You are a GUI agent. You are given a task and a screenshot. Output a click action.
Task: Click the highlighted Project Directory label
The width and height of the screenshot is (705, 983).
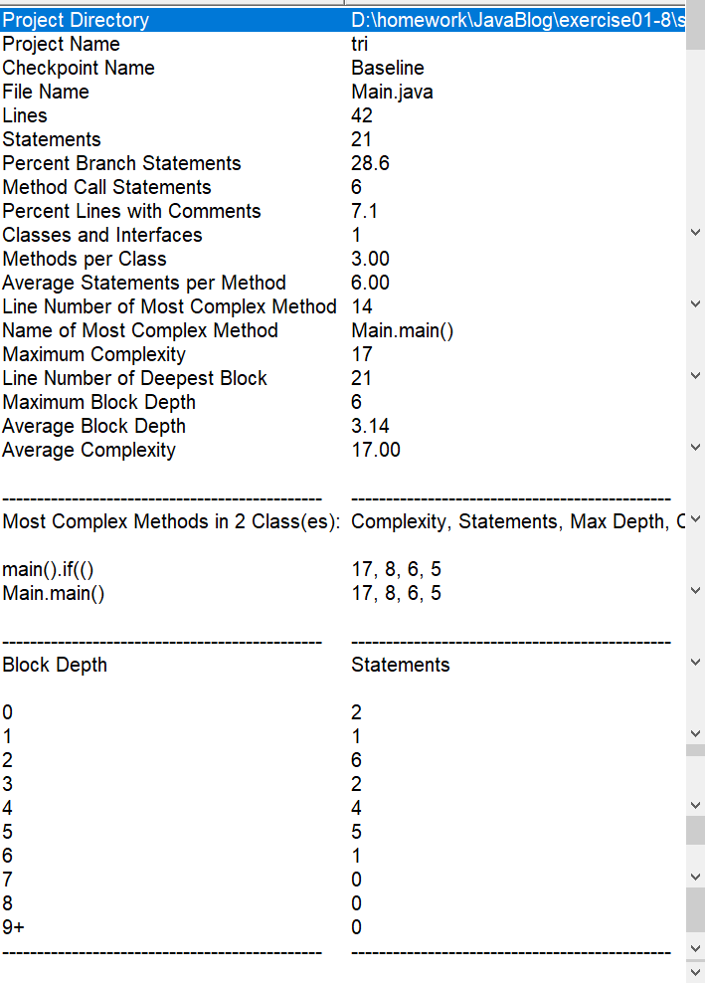[76, 20]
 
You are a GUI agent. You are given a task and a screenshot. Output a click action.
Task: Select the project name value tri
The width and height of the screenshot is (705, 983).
[360, 44]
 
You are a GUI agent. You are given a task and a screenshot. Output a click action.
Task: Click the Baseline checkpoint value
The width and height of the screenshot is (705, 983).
[388, 68]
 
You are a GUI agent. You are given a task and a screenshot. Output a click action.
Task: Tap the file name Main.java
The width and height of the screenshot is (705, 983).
[392, 92]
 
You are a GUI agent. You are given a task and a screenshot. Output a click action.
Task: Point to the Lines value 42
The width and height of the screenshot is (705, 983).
[362, 115]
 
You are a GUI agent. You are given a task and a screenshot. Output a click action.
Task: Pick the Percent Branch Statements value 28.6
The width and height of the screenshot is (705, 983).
[370, 163]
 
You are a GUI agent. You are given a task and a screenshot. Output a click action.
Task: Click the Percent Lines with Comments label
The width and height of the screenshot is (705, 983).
[131, 211]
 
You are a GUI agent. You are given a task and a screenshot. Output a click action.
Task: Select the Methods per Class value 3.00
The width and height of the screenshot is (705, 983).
[370, 259]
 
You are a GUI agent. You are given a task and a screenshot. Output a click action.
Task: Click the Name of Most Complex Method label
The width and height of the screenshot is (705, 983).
[140, 330]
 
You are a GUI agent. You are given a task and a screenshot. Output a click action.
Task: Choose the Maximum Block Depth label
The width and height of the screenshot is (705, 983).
[99, 402]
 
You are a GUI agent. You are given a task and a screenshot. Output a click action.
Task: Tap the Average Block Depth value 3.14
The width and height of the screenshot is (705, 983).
[370, 426]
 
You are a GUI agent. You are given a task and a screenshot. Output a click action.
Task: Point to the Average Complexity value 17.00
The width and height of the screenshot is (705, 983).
[376, 450]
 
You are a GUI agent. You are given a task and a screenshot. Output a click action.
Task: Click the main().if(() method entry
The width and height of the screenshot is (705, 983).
[54, 569]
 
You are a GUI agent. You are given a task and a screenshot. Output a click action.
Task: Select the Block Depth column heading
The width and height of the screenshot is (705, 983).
[55, 665]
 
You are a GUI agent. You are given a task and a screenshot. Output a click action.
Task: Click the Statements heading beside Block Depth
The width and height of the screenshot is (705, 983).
[401, 665]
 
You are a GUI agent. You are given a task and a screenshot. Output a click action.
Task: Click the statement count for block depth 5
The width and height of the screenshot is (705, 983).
[357, 832]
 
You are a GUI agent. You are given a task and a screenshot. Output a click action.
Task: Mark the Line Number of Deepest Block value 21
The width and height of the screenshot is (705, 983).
[362, 378]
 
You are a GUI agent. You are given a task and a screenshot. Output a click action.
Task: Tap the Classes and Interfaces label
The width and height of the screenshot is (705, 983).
[102, 235]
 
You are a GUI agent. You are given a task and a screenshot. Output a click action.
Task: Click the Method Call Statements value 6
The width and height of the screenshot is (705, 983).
[357, 187]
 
